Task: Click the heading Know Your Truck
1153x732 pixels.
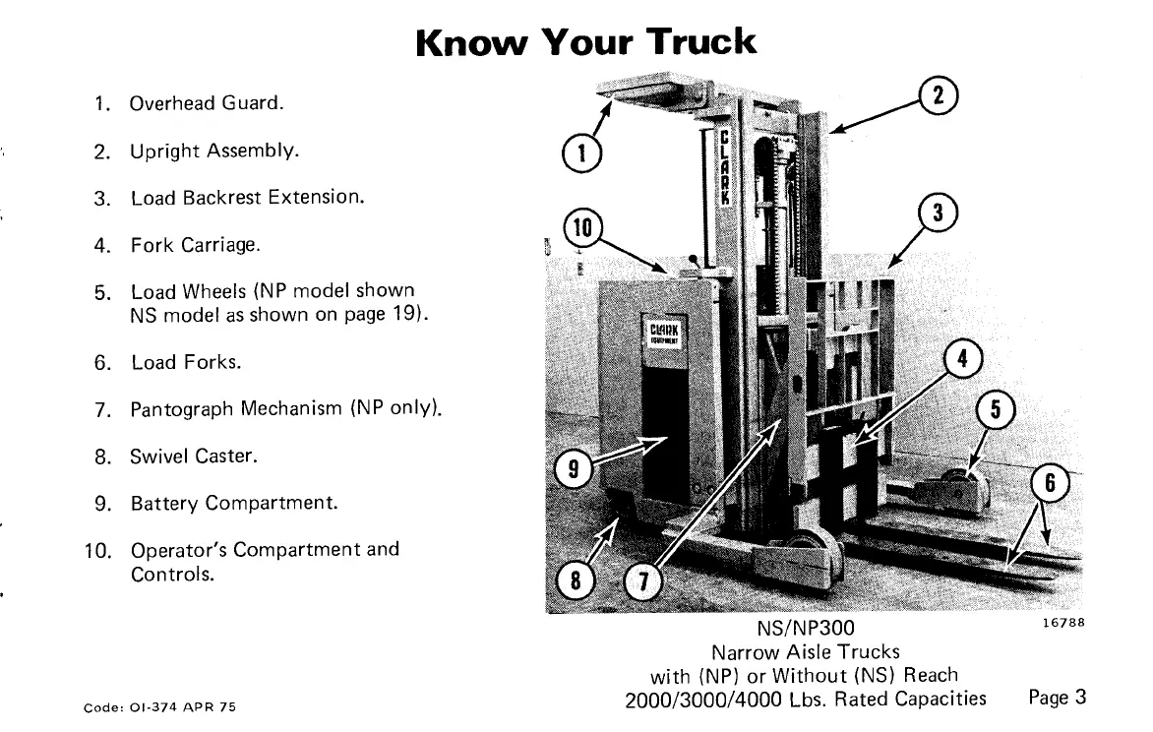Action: pyautogui.click(x=586, y=42)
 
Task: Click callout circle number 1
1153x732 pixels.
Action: pyautogui.click(x=581, y=152)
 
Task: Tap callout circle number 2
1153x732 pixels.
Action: pyautogui.click(x=939, y=95)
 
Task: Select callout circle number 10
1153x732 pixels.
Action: pyautogui.click(x=581, y=228)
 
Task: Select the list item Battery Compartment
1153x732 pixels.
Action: pyautogui.click(x=234, y=504)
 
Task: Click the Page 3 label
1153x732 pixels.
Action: pyautogui.click(x=1057, y=698)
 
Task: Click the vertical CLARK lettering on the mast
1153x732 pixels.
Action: pyautogui.click(x=725, y=165)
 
